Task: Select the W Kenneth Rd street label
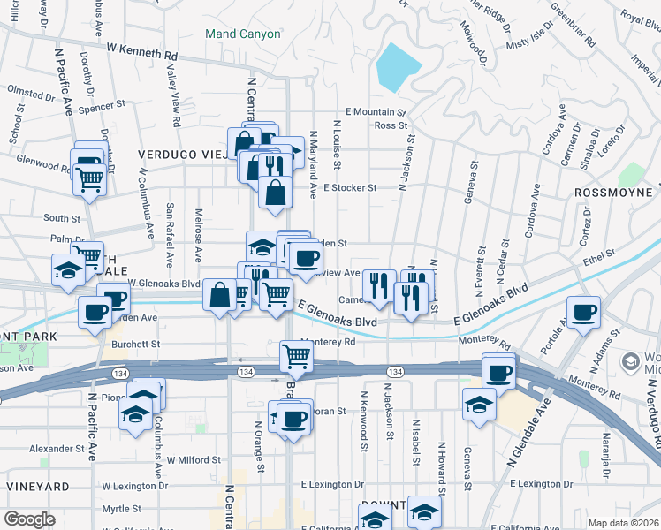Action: (141, 54)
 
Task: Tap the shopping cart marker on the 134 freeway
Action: (297, 357)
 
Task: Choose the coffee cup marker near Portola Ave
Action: (583, 313)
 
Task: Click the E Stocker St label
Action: (350, 187)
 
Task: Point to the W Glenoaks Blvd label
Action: (164, 283)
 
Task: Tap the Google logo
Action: (28, 519)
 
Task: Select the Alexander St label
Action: (56, 449)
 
